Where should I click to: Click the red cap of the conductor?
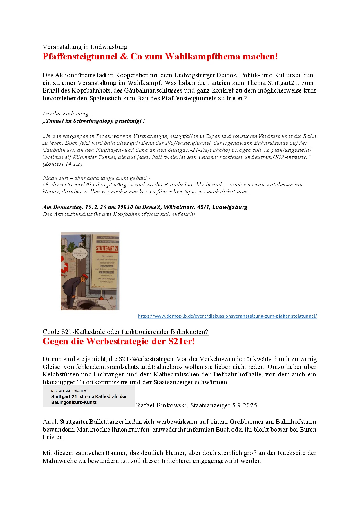pyautogui.click(x=84, y=275)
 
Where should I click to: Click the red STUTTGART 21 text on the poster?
pyautogui.click(x=107, y=248)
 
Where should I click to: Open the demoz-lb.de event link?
pyautogui.click(x=227, y=316)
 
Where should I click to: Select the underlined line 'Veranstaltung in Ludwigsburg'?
pyautogui.click(x=85, y=47)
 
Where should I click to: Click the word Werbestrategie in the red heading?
pyautogui.click(x=117, y=341)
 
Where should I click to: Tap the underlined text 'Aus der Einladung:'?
pyautogui.click(x=66, y=114)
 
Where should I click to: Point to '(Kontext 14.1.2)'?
pyautogui.click(x=62, y=164)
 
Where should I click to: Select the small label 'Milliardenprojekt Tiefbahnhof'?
pyautogui.click(x=69, y=391)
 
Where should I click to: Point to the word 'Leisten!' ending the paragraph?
pyautogui.click(x=54, y=437)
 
